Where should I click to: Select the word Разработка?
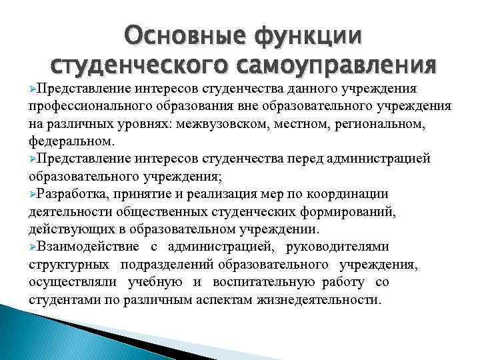point(74,194)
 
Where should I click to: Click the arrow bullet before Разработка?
point(33,194)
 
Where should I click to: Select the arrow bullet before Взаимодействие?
point(33,247)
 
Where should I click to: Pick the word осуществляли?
point(72,282)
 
